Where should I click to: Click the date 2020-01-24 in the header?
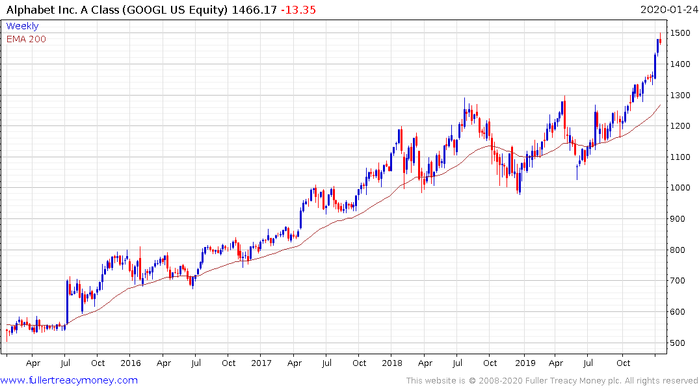(668, 9)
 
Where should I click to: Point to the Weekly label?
(22, 26)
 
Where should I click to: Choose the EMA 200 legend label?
(26, 39)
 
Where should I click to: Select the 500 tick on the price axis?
(679, 343)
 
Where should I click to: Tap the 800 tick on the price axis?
(679, 250)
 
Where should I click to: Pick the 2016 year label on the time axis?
(131, 363)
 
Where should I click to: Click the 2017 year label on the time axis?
(261, 363)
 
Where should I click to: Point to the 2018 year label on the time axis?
(391, 363)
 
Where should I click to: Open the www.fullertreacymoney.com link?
(70, 380)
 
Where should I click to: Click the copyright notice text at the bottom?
(552, 380)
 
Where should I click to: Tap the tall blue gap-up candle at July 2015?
(66, 302)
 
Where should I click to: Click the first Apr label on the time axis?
(33, 363)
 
